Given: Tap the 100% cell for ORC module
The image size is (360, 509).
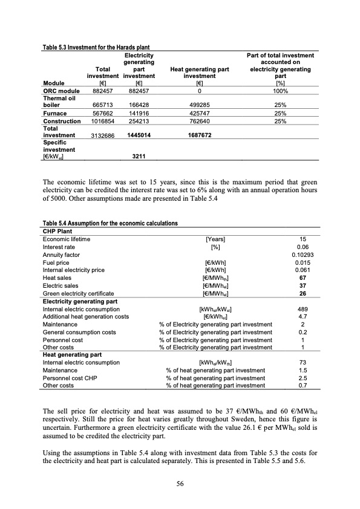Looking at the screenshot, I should click(280, 91).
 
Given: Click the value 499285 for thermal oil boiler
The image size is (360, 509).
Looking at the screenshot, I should click(200, 104).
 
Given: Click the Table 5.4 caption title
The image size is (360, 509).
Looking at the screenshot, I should click(110, 223).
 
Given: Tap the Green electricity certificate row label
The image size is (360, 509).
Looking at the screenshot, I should click(78, 276).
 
